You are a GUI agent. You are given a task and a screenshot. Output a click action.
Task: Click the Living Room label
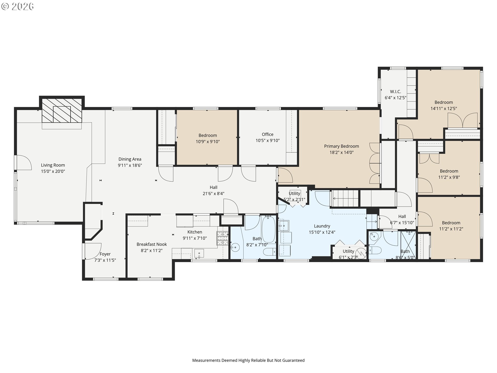(x=53, y=165)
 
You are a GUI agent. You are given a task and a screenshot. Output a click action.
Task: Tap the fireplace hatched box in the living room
(x=62, y=110)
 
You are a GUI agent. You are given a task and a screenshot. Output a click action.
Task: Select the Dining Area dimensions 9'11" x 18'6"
(x=130, y=166)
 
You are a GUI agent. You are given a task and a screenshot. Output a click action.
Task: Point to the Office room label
(x=268, y=134)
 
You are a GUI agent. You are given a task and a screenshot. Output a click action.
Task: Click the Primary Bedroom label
(x=341, y=146)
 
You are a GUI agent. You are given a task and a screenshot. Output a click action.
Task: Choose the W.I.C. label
(x=396, y=92)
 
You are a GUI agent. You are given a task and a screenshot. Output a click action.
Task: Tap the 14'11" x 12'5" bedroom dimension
(x=444, y=109)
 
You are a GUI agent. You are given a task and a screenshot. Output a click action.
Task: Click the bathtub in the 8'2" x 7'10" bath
(x=269, y=229)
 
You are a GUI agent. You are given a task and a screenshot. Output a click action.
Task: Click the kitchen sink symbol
(x=199, y=254)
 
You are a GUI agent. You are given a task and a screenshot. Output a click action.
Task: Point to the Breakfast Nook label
(x=152, y=244)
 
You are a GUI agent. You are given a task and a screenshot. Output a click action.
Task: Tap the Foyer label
(x=105, y=254)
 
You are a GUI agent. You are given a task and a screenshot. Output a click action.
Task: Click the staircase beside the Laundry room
(x=345, y=199)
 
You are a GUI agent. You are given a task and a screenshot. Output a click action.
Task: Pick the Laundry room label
(x=322, y=226)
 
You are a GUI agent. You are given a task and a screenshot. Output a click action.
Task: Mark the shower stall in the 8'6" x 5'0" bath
(x=408, y=245)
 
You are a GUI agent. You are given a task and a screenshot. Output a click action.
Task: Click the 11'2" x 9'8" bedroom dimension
(x=449, y=177)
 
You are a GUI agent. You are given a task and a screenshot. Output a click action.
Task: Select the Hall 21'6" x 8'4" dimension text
(x=214, y=193)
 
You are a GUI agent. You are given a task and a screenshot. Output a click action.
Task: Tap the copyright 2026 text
(x=17, y=6)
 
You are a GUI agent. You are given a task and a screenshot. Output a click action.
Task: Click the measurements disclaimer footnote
(x=248, y=360)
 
